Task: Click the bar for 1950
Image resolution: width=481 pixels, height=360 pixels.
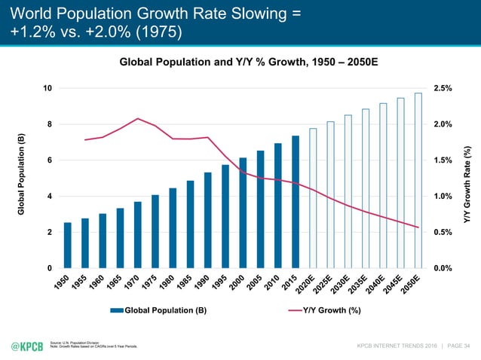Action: tap(68, 246)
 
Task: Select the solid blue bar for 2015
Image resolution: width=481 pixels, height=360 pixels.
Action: tap(296, 202)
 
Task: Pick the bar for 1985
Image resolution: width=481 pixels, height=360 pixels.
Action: tap(190, 224)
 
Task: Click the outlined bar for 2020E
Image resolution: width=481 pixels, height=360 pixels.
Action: tap(313, 198)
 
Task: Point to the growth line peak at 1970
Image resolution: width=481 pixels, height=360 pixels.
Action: tap(138, 118)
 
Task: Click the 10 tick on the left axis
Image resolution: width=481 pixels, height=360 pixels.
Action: tap(47, 88)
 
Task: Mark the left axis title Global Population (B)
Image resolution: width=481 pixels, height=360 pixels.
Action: tap(23, 178)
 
